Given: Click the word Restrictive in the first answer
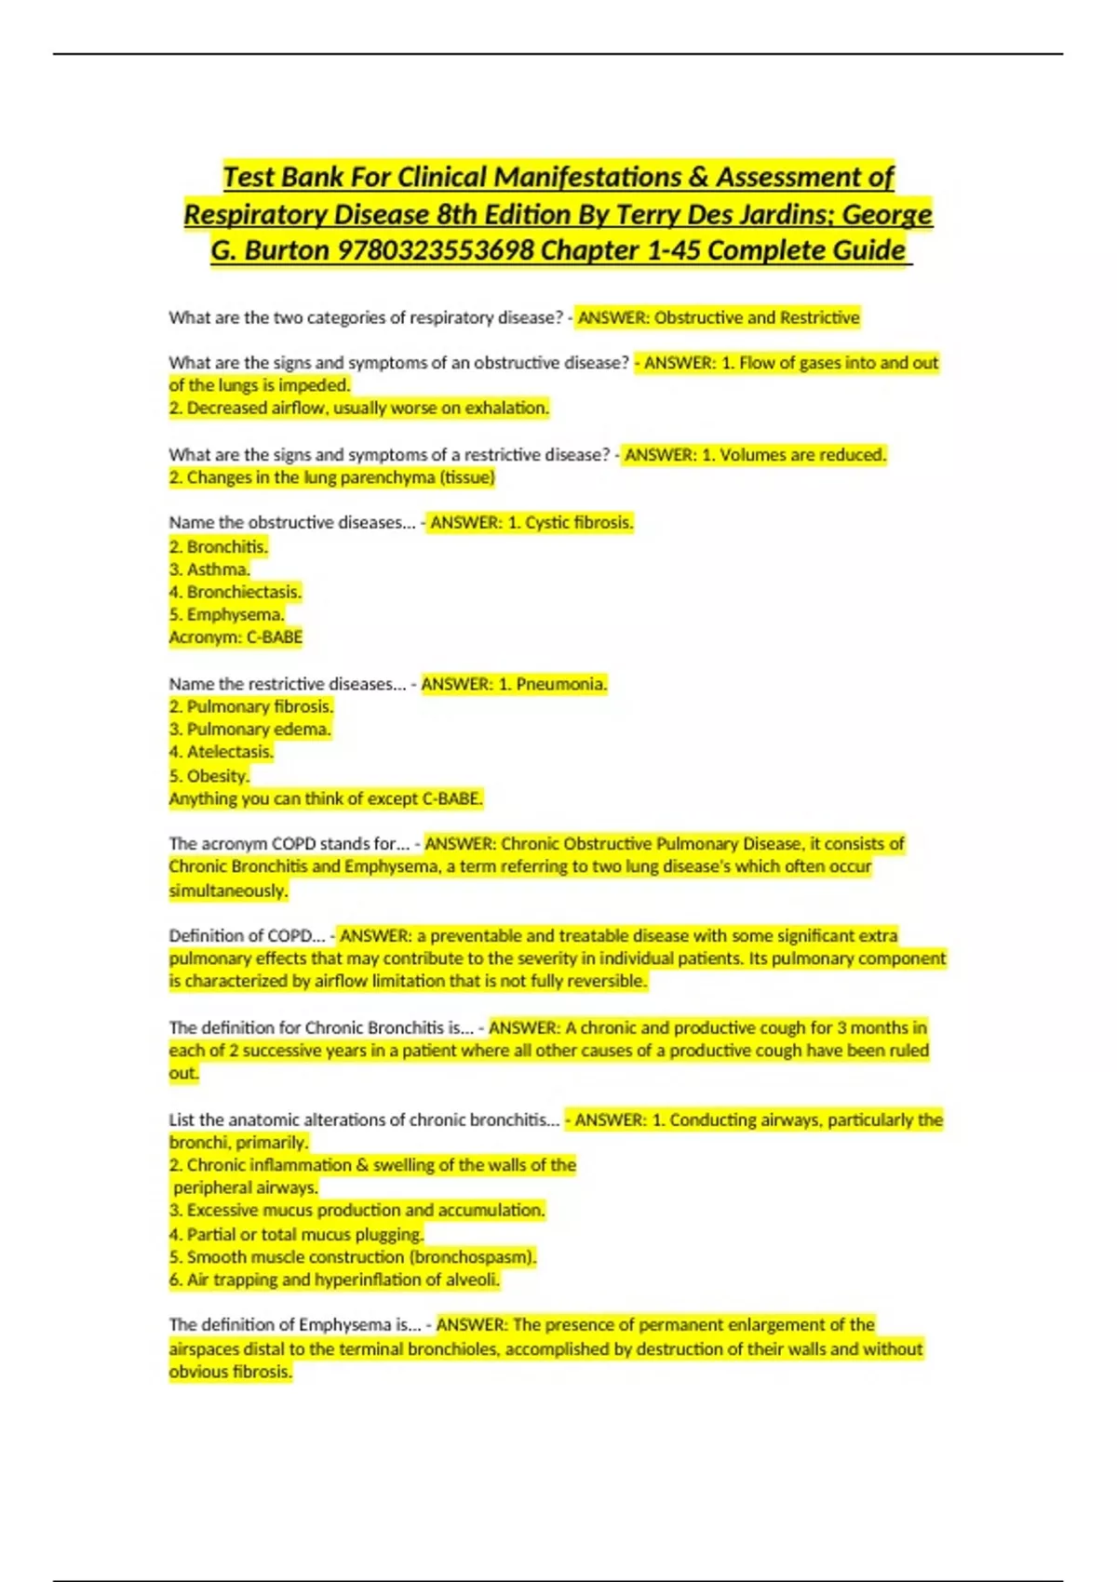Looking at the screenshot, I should click(819, 317).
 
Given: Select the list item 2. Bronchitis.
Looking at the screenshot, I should click(219, 546).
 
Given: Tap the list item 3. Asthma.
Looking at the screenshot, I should click(209, 569).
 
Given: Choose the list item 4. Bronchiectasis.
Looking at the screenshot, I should click(236, 592).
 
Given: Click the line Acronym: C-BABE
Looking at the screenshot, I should click(236, 637).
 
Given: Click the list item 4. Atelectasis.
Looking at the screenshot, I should click(222, 752).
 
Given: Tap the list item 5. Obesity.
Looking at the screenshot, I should click(209, 775).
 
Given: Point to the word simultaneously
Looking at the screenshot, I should click(228, 891).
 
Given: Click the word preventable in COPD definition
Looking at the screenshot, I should click(475, 935).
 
